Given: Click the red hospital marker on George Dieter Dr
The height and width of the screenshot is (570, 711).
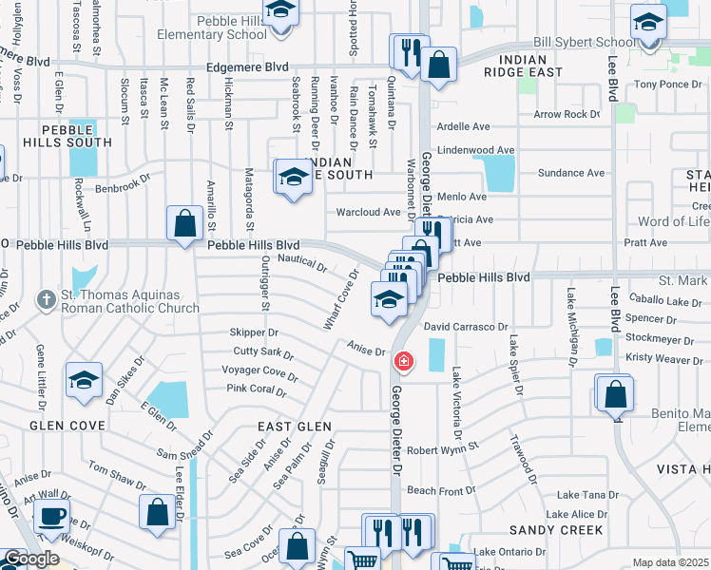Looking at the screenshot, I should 403,362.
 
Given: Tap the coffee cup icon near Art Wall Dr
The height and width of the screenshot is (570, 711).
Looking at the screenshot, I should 51,517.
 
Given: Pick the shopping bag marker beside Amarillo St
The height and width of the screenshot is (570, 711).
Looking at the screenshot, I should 184,225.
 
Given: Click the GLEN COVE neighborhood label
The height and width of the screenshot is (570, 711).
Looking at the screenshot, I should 67,426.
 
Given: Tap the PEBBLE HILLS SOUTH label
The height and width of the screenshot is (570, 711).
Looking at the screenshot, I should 76,142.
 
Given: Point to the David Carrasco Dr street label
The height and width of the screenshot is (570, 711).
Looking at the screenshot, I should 466,327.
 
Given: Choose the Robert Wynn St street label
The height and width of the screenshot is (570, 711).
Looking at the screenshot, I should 443,446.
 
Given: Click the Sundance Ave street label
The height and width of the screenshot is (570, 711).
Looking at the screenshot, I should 571,174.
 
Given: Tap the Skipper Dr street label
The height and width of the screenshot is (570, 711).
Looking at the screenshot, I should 254,332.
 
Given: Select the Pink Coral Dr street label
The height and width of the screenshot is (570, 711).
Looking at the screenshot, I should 257,389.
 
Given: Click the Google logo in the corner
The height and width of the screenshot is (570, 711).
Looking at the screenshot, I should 31,559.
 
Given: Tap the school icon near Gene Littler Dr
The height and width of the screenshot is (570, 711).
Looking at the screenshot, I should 84,382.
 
